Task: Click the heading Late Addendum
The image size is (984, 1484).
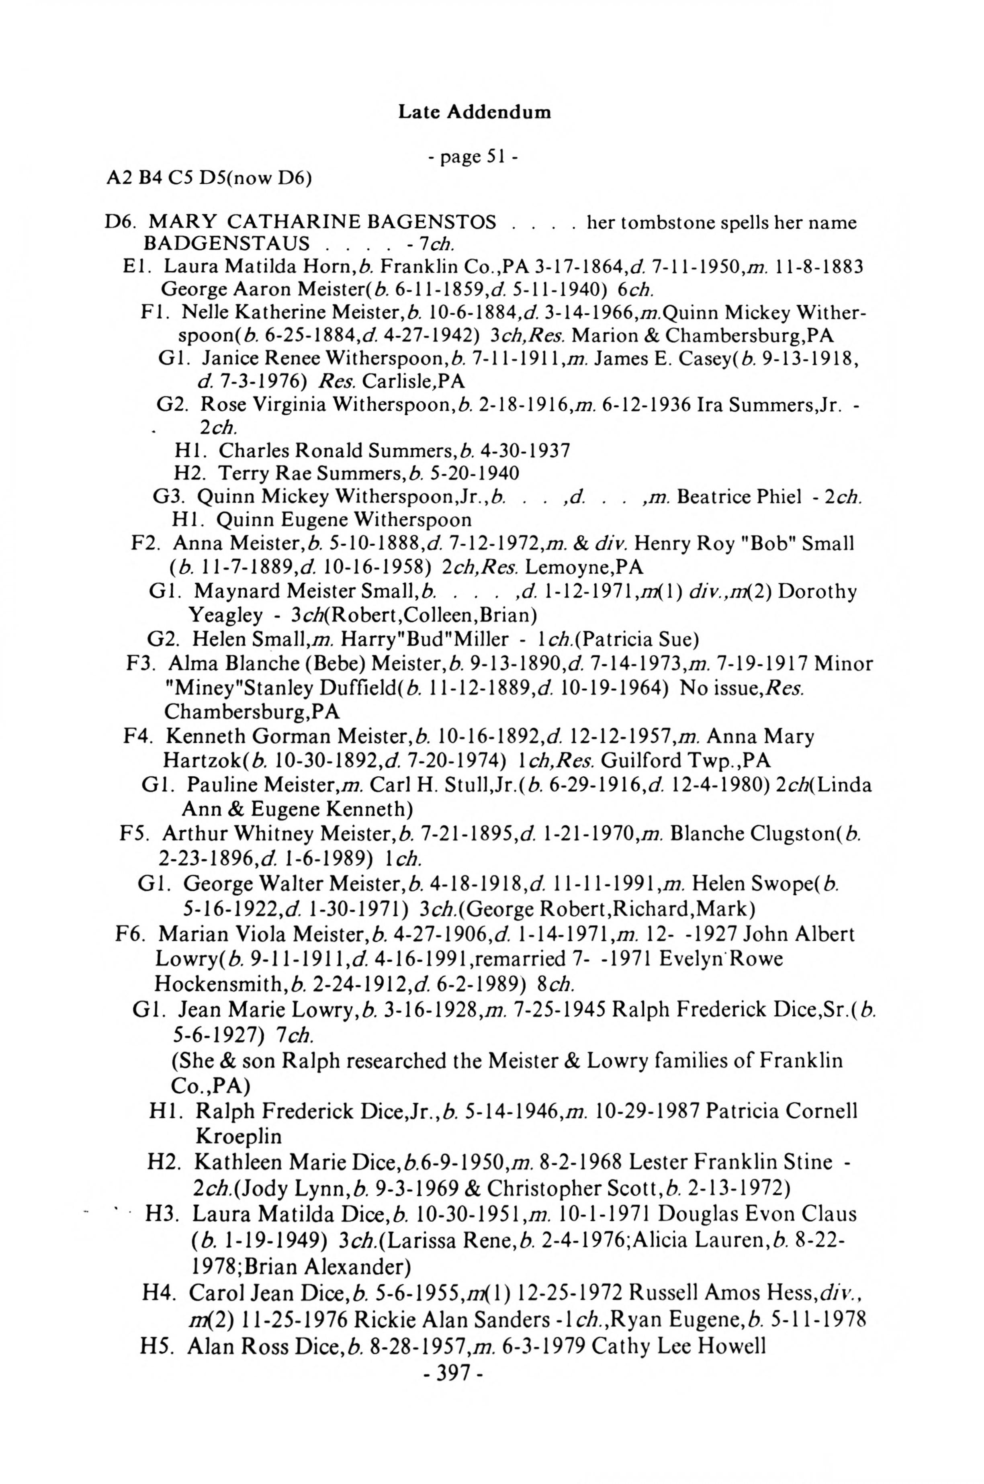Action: tap(475, 113)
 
